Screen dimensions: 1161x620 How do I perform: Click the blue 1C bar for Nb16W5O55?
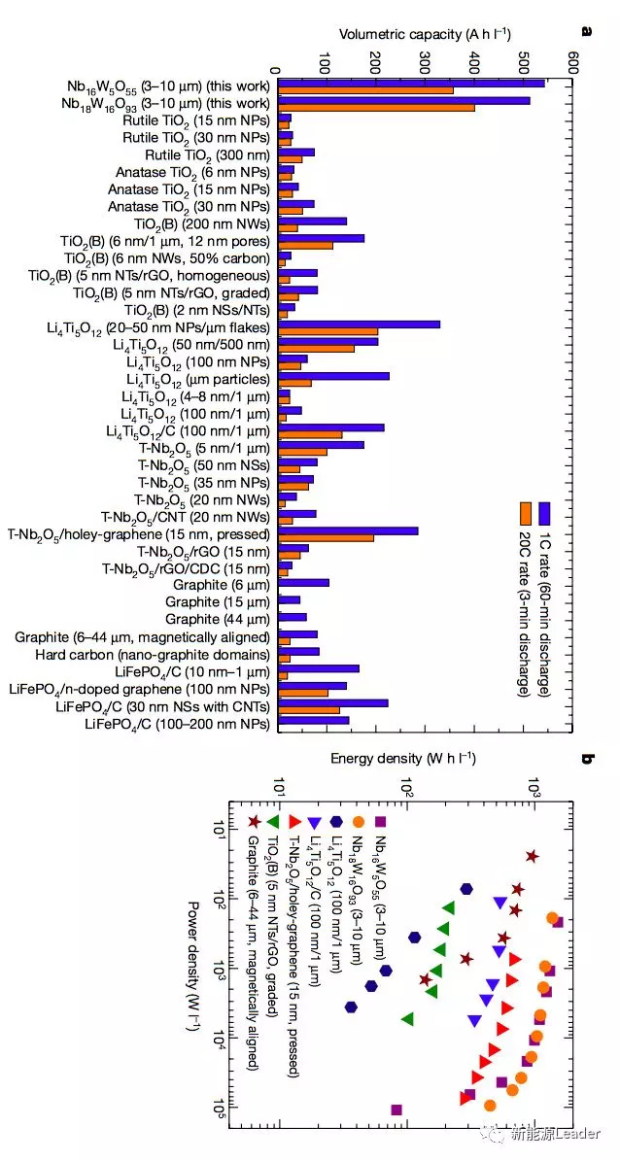point(408,83)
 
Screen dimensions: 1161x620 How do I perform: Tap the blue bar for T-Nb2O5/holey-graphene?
point(348,530)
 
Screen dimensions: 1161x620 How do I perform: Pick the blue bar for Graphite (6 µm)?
point(303,583)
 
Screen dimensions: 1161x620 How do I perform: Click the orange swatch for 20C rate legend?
point(524,512)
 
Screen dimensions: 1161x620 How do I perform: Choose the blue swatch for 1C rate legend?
point(545,512)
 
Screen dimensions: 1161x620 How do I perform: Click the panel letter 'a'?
point(587,31)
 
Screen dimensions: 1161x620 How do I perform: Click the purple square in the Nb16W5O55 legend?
point(381,821)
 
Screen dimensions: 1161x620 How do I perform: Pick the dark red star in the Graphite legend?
point(255,821)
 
